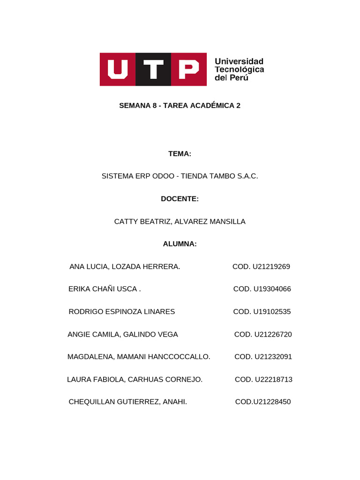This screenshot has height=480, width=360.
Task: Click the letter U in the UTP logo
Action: pos(118,69)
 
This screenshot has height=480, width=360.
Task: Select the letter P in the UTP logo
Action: pos(189,69)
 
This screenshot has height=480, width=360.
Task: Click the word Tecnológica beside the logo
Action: pos(239,69)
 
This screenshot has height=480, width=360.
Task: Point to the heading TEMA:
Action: pos(180,154)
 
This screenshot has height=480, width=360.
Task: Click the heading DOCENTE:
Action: pos(180,199)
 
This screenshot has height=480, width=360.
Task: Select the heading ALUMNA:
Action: pos(180,244)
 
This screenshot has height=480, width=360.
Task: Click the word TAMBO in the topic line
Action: pos(222,176)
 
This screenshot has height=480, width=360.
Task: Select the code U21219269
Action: pos(271,267)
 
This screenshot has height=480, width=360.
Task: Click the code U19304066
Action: pos(272,289)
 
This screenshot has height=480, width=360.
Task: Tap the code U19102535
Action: pos(272,312)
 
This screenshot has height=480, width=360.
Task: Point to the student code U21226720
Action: pos(273,334)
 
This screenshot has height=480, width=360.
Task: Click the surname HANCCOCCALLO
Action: pos(179,357)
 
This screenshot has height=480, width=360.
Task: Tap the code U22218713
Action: pos(274,379)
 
